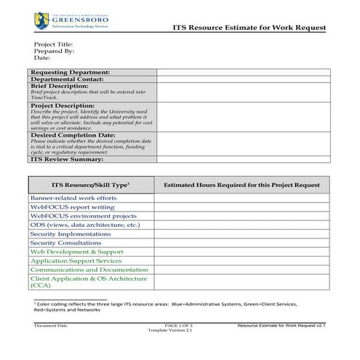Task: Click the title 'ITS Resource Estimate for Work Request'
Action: tap(249, 28)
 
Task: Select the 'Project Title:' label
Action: tap(54, 44)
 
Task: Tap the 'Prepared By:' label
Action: tap(55, 51)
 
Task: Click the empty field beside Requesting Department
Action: tap(243, 72)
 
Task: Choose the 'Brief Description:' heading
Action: tap(60, 86)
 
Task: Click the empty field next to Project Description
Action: tap(243, 116)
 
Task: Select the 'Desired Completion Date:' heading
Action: tap(73, 135)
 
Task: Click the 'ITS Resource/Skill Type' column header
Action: tap(91, 185)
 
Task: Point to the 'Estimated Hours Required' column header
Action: tap(241, 185)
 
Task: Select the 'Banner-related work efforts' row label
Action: tap(73, 198)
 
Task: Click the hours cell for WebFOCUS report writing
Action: tap(241, 207)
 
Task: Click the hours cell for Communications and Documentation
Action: tap(241, 270)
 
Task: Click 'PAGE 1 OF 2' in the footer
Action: tap(179, 325)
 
